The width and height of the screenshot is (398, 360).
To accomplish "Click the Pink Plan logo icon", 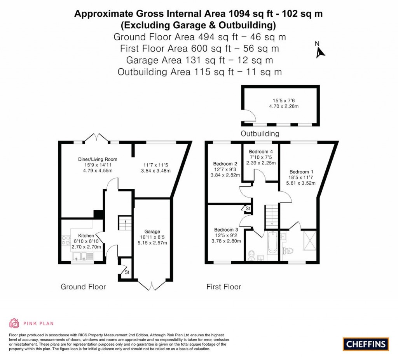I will coord(14,323).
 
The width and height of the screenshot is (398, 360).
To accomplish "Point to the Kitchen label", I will coord(86,235).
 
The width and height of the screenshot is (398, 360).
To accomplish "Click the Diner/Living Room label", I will coord(98,159).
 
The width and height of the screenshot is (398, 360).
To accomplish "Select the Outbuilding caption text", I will coord(260,134).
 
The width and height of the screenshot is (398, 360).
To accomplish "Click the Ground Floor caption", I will coord(83,287).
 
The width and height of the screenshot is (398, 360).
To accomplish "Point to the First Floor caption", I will coord(223,287).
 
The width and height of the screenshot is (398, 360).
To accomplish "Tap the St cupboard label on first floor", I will coord(247,209).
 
